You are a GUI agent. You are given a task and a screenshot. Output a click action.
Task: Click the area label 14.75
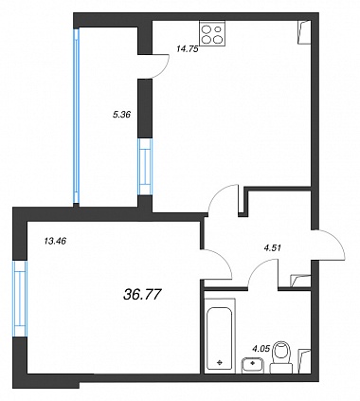click(x=188, y=49)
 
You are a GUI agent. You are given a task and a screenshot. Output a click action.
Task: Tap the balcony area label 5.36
click(x=121, y=115)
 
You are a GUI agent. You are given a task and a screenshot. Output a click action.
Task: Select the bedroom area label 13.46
click(x=55, y=242)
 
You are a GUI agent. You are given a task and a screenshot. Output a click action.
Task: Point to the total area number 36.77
click(x=142, y=295)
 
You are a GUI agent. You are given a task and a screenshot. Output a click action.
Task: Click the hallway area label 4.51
click(x=272, y=247)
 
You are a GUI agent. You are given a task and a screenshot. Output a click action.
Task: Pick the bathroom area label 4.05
click(x=261, y=349)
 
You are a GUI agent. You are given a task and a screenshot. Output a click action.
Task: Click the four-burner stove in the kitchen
click(x=212, y=33)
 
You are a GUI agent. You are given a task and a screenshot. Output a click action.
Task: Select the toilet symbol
click(x=281, y=357)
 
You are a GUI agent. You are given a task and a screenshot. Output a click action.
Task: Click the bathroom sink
click(x=253, y=365)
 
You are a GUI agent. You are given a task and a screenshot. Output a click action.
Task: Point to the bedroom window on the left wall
click(x=20, y=299)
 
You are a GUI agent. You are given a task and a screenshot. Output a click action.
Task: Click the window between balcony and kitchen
click(x=145, y=167)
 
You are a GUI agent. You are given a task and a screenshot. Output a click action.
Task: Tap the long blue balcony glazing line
click(x=76, y=116)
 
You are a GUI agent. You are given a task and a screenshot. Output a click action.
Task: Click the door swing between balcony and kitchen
click(x=164, y=68)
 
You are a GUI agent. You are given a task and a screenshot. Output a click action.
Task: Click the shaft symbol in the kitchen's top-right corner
click(x=304, y=32)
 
